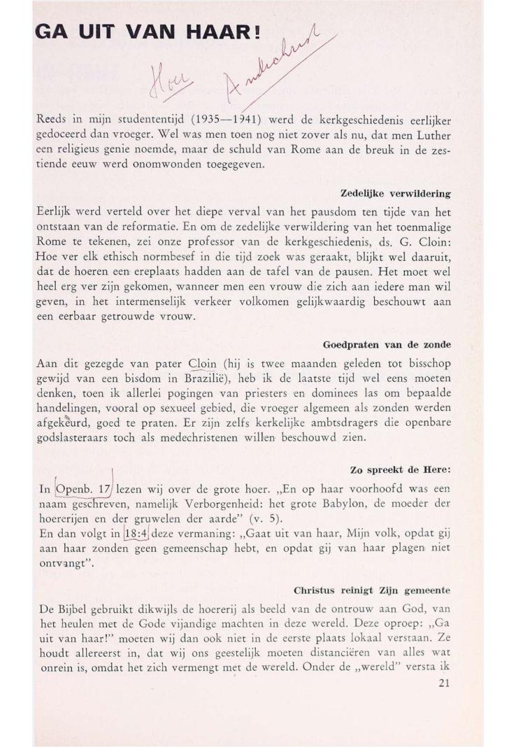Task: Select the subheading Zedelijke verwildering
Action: pyautogui.click(x=395, y=192)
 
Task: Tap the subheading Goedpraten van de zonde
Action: pyautogui.click(x=387, y=345)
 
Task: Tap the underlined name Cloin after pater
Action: pyautogui.click(x=203, y=364)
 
